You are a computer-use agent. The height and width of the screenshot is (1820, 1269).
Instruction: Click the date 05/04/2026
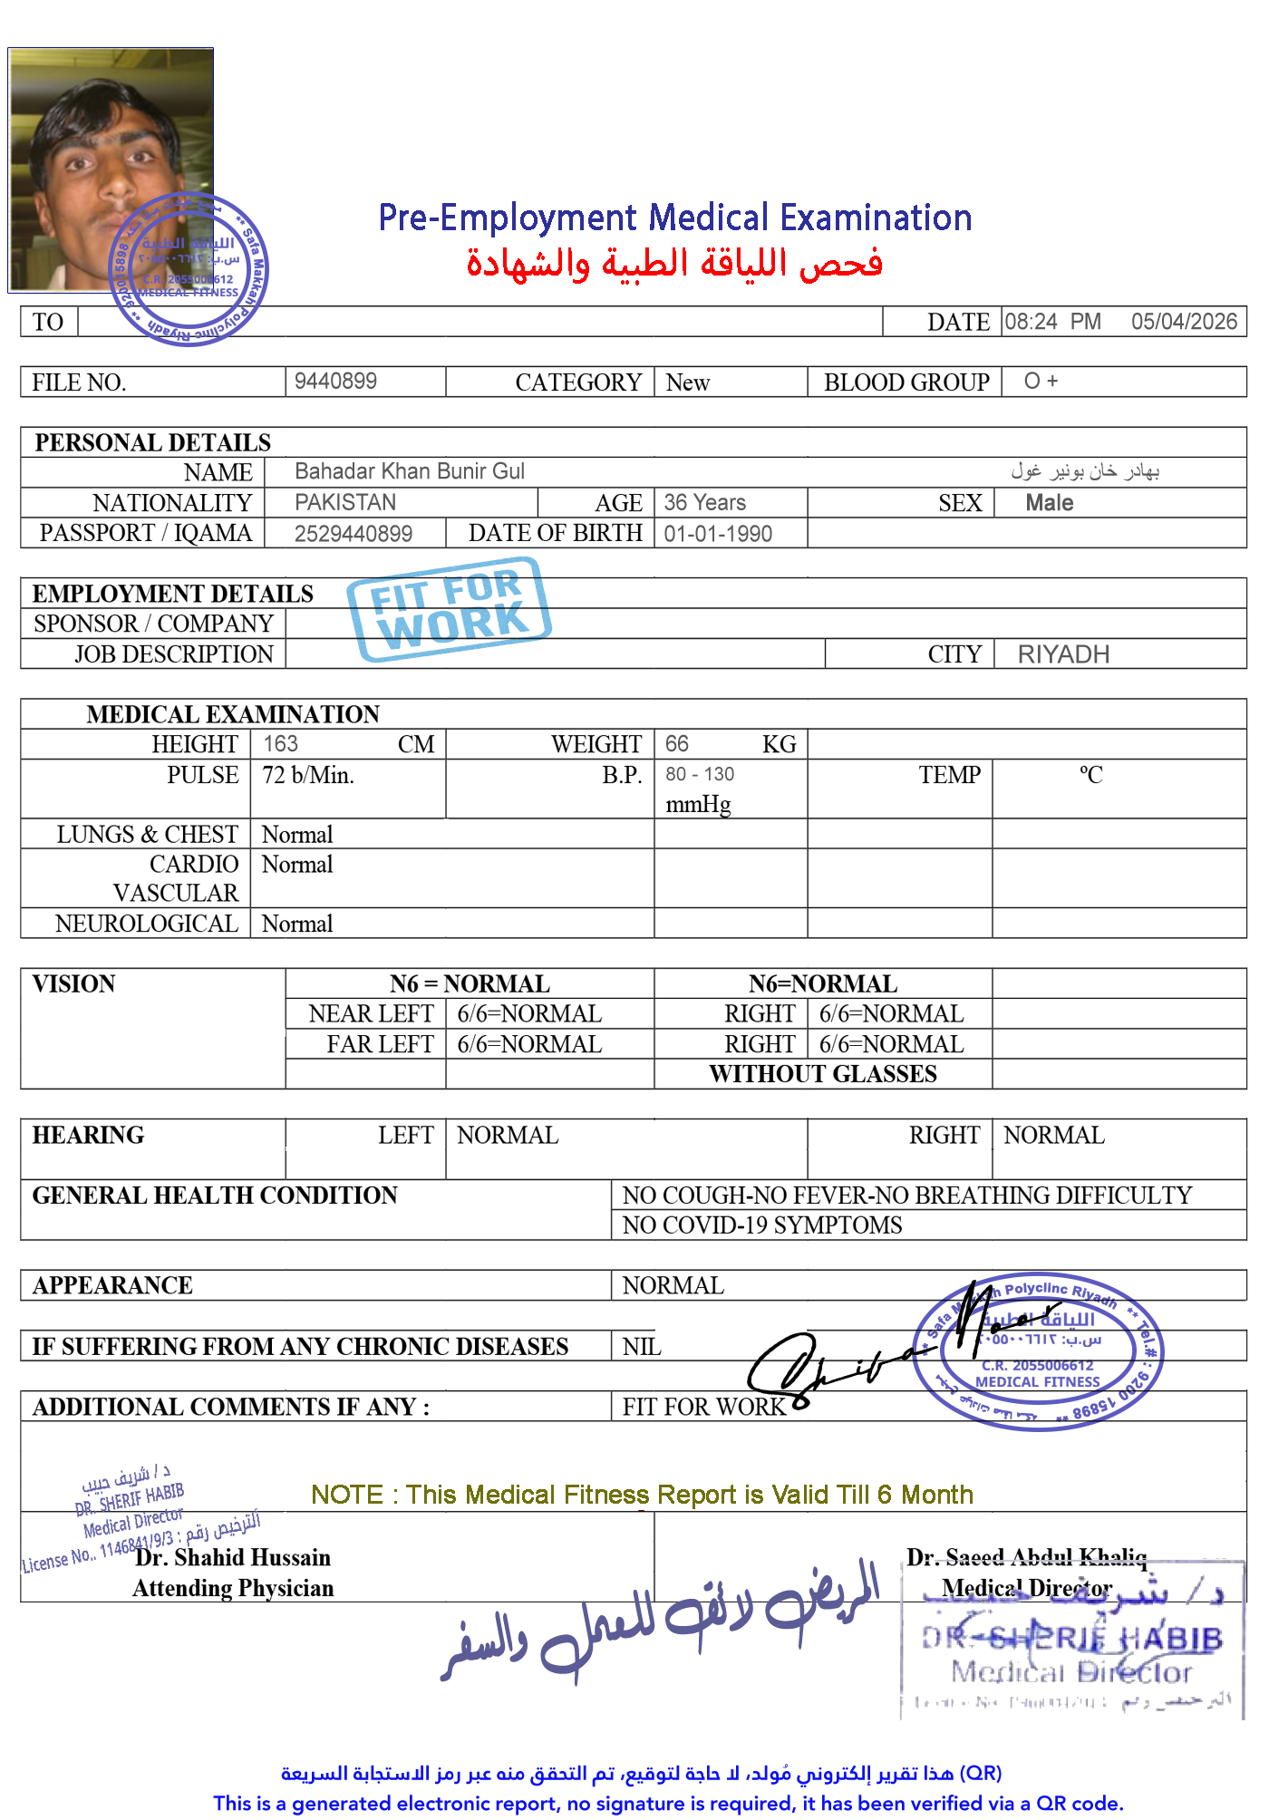(1183, 322)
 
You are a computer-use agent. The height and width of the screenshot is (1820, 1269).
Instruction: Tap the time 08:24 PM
(1051, 322)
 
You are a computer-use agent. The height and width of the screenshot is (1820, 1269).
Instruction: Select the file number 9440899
(335, 381)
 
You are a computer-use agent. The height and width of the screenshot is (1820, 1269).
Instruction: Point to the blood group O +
(1041, 381)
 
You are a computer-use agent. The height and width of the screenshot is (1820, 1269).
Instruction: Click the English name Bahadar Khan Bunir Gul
(410, 471)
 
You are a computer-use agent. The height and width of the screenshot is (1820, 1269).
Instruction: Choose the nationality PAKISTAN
(345, 502)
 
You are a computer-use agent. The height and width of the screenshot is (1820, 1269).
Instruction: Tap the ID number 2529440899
(354, 534)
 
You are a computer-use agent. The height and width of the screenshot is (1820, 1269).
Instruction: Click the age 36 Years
(704, 502)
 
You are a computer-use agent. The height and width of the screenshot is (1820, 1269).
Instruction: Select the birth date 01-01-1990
(718, 534)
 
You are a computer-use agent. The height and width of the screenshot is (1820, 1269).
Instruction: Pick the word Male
(1049, 503)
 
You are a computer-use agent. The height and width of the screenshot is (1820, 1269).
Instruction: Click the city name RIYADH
(1063, 654)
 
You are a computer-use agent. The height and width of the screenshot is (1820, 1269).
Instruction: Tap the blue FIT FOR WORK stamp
(449, 603)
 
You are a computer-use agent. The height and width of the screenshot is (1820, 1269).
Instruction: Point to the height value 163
(280, 744)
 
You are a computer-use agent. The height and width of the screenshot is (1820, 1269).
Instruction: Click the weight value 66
(676, 744)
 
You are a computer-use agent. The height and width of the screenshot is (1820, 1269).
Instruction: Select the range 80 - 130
(700, 775)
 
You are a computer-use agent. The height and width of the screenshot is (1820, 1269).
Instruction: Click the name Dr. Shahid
(189, 1557)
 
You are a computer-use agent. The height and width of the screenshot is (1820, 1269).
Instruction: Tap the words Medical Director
(1026, 1588)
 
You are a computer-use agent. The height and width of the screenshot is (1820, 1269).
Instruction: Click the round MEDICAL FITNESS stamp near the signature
(1039, 1350)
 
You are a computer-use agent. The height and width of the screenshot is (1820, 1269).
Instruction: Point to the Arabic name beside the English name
(1085, 471)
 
